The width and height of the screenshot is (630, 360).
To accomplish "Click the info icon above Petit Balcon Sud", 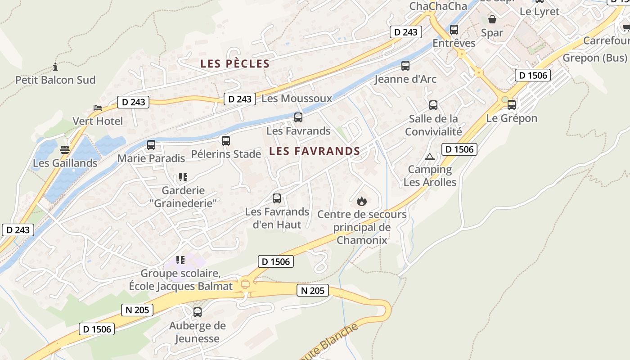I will pos(55,67).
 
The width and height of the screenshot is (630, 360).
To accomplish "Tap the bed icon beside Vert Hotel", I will pos(98,108).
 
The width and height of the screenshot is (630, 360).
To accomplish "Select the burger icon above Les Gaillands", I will pos(65,149).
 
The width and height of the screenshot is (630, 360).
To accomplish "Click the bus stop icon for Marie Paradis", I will pos(151,145).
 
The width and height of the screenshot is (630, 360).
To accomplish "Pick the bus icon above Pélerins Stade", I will pos(226,141).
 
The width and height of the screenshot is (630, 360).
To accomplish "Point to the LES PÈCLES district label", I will pos(235,64).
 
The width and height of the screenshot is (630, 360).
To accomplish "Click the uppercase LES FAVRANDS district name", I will pos(315,151).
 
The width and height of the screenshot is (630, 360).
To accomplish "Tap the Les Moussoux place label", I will pos(297,99).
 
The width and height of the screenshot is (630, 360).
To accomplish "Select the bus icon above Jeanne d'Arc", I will pos(405,66).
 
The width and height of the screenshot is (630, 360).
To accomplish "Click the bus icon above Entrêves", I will pos(454,30).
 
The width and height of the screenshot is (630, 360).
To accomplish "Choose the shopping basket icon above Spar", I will pos(492,19).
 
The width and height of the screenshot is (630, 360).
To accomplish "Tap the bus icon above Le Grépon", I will pos(512,105).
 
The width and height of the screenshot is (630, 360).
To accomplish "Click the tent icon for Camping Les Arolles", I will pos(430,157).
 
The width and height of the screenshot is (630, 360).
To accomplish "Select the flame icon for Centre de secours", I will pos(362,201).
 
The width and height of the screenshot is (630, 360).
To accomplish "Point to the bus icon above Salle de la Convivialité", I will pos(433,105).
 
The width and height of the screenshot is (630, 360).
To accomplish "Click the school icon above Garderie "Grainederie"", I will pos(183,177).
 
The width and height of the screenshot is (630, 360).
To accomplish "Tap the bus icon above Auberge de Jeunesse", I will pos(197,312).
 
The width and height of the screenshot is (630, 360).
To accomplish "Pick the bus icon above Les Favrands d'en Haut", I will pos(277,198).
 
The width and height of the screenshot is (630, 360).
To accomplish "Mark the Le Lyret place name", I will pos(540,12).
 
